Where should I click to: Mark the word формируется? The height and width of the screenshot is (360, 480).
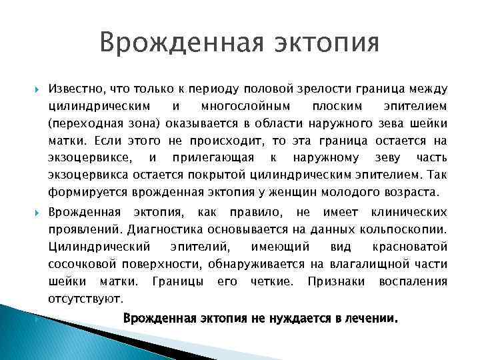pos(83,193)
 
